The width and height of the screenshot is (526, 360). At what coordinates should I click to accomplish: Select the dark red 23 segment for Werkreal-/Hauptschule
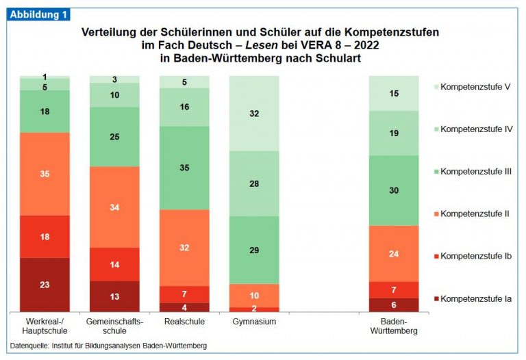(45, 284)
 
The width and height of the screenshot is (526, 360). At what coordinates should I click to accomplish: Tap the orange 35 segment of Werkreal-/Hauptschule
(45, 174)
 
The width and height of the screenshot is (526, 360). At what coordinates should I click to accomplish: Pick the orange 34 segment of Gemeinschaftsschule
(114, 207)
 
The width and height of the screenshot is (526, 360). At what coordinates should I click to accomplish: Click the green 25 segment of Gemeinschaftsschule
(114, 137)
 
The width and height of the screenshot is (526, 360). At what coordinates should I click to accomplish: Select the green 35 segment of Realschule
(184, 167)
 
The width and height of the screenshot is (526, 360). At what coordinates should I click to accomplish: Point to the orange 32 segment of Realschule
(184, 247)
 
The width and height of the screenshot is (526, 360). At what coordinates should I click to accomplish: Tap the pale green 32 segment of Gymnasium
(254, 114)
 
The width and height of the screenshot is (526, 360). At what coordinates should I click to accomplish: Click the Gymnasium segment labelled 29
(254, 250)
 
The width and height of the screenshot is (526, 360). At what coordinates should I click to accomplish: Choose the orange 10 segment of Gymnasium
(254, 295)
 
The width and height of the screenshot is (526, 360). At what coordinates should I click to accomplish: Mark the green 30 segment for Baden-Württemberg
(394, 190)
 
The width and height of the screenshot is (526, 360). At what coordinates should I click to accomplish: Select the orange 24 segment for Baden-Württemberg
(394, 253)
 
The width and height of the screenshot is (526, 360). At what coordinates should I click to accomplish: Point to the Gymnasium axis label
(254, 321)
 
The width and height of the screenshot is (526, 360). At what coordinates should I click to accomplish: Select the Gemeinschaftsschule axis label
(114, 326)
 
